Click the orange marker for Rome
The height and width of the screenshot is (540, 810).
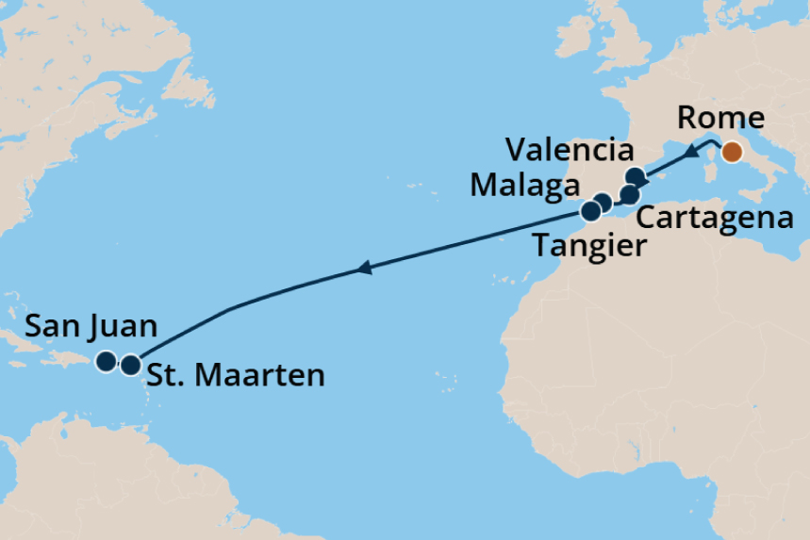click(731, 152)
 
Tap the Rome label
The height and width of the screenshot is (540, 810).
click(720, 119)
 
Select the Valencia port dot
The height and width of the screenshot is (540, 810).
click(636, 176)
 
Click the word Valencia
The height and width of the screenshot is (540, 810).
click(569, 150)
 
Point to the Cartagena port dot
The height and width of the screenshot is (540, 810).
click(629, 195)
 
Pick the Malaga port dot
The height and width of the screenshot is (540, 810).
click(603, 202)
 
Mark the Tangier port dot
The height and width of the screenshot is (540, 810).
click(590, 210)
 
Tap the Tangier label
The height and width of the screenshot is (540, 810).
click(590, 247)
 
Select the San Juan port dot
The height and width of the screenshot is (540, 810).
click(107, 361)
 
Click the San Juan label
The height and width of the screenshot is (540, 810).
click(91, 327)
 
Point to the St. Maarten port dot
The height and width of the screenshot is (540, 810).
click(130, 364)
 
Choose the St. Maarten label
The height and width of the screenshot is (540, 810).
click(236, 375)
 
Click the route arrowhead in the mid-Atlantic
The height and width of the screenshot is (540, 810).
click(363, 270)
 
